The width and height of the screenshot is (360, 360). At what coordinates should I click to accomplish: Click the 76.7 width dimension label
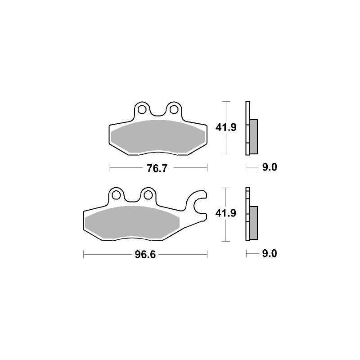point(157,168)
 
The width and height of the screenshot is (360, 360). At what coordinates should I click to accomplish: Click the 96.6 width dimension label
point(145,255)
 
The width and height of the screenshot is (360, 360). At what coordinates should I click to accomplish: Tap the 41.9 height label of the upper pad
point(226,127)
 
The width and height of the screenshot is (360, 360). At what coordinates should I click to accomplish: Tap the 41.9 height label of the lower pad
point(226,213)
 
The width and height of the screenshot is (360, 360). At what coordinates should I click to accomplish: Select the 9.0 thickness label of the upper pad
point(270,167)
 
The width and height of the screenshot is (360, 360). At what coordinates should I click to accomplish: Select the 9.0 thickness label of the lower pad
point(270,253)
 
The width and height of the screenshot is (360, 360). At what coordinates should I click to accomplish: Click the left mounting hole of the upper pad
point(142,109)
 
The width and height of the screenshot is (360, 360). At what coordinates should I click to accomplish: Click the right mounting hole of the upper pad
point(174,109)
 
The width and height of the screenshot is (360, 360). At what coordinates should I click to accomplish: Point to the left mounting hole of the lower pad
point(116,195)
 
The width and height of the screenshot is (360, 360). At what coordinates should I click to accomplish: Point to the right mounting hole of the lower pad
point(148,195)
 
